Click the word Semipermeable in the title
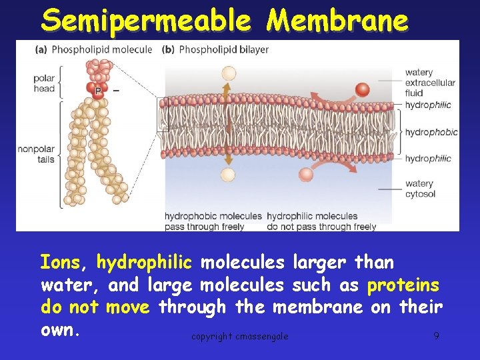click(x=145, y=21)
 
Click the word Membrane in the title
click(x=337, y=21)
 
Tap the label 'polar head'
click(x=44, y=83)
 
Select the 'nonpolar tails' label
click(x=37, y=154)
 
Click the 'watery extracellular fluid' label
click(x=429, y=83)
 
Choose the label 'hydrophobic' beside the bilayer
click(x=431, y=132)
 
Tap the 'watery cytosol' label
click(x=419, y=189)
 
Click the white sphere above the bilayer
click(x=228, y=73)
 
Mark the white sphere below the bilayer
click(x=228, y=175)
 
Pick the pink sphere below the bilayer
click(x=306, y=175)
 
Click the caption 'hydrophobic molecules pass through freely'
click(x=213, y=221)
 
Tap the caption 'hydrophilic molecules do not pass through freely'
click(x=321, y=221)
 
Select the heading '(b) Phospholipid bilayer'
click(x=215, y=49)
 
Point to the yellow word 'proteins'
click(x=403, y=285)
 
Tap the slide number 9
click(x=436, y=335)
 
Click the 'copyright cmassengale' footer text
click(x=240, y=336)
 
